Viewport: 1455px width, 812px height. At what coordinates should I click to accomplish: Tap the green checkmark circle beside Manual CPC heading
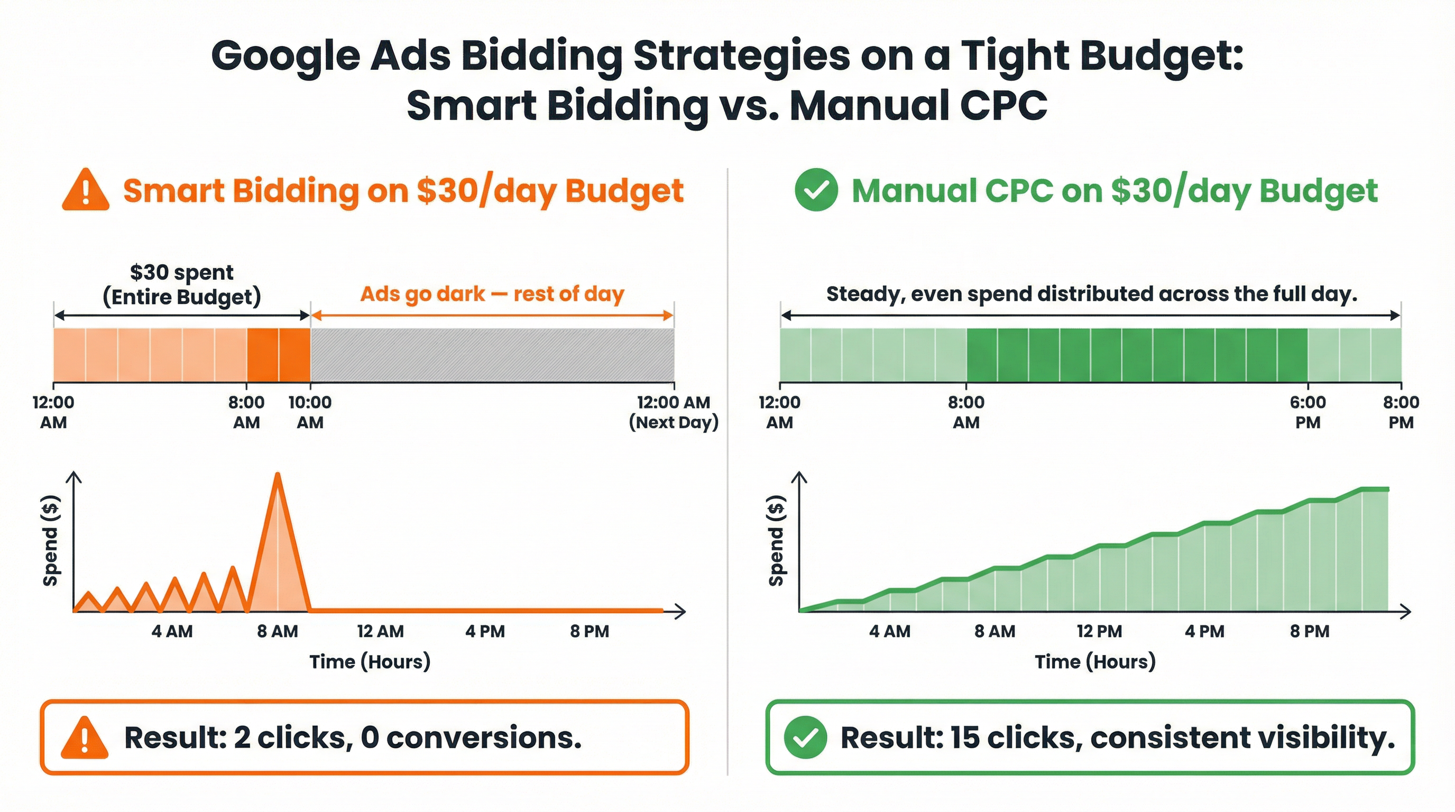816,190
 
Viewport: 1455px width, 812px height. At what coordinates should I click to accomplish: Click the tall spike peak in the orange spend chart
278,476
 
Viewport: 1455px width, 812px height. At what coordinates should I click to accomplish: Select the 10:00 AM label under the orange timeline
310,412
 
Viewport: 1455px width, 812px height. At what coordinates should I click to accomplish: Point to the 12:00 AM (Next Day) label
673,412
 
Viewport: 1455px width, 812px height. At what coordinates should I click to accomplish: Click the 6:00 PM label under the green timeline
1307,412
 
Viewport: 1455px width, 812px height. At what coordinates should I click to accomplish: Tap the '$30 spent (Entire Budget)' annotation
181,284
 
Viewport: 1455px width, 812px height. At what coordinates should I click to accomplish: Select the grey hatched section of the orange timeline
491,355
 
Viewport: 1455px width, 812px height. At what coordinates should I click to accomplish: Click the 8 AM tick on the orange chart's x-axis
278,631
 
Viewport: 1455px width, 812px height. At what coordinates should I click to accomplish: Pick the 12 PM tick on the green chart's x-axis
1099,631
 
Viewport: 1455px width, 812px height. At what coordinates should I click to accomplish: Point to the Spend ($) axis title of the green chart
777,540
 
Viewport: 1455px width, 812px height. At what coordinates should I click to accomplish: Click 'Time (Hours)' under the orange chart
370,661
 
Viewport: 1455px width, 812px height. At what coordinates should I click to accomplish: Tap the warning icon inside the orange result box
85,737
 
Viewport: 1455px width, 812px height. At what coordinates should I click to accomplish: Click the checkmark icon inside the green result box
805,737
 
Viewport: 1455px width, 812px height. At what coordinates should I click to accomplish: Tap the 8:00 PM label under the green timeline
1401,412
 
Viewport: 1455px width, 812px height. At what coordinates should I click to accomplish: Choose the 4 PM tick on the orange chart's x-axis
485,631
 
